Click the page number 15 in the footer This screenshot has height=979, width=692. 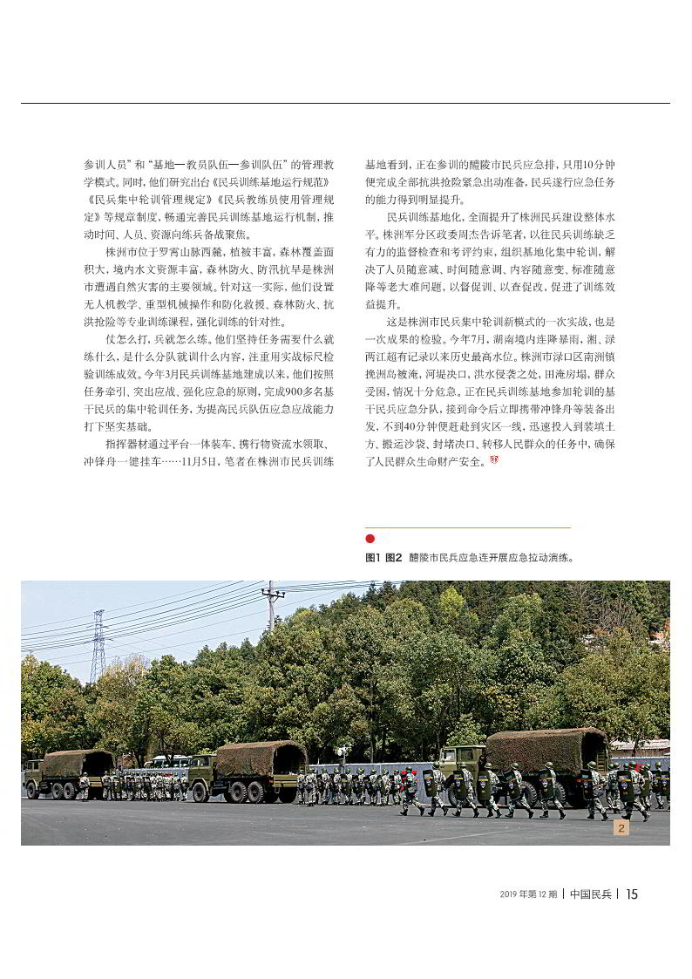[x=632, y=894]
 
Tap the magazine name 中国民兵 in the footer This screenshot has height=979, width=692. [x=592, y=894]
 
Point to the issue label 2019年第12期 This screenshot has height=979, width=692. [x=529, y=894]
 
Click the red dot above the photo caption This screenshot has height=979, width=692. [x=370, y=539]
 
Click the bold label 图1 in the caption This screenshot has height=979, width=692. [x=373, y=556]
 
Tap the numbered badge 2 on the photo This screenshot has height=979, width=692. [x=621, y=828]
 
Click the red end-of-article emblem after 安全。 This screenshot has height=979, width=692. [x=494, y=460]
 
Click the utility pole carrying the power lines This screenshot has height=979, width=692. [x=273, y=610]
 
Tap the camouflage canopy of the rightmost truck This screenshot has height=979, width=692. [x=546, y=749]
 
